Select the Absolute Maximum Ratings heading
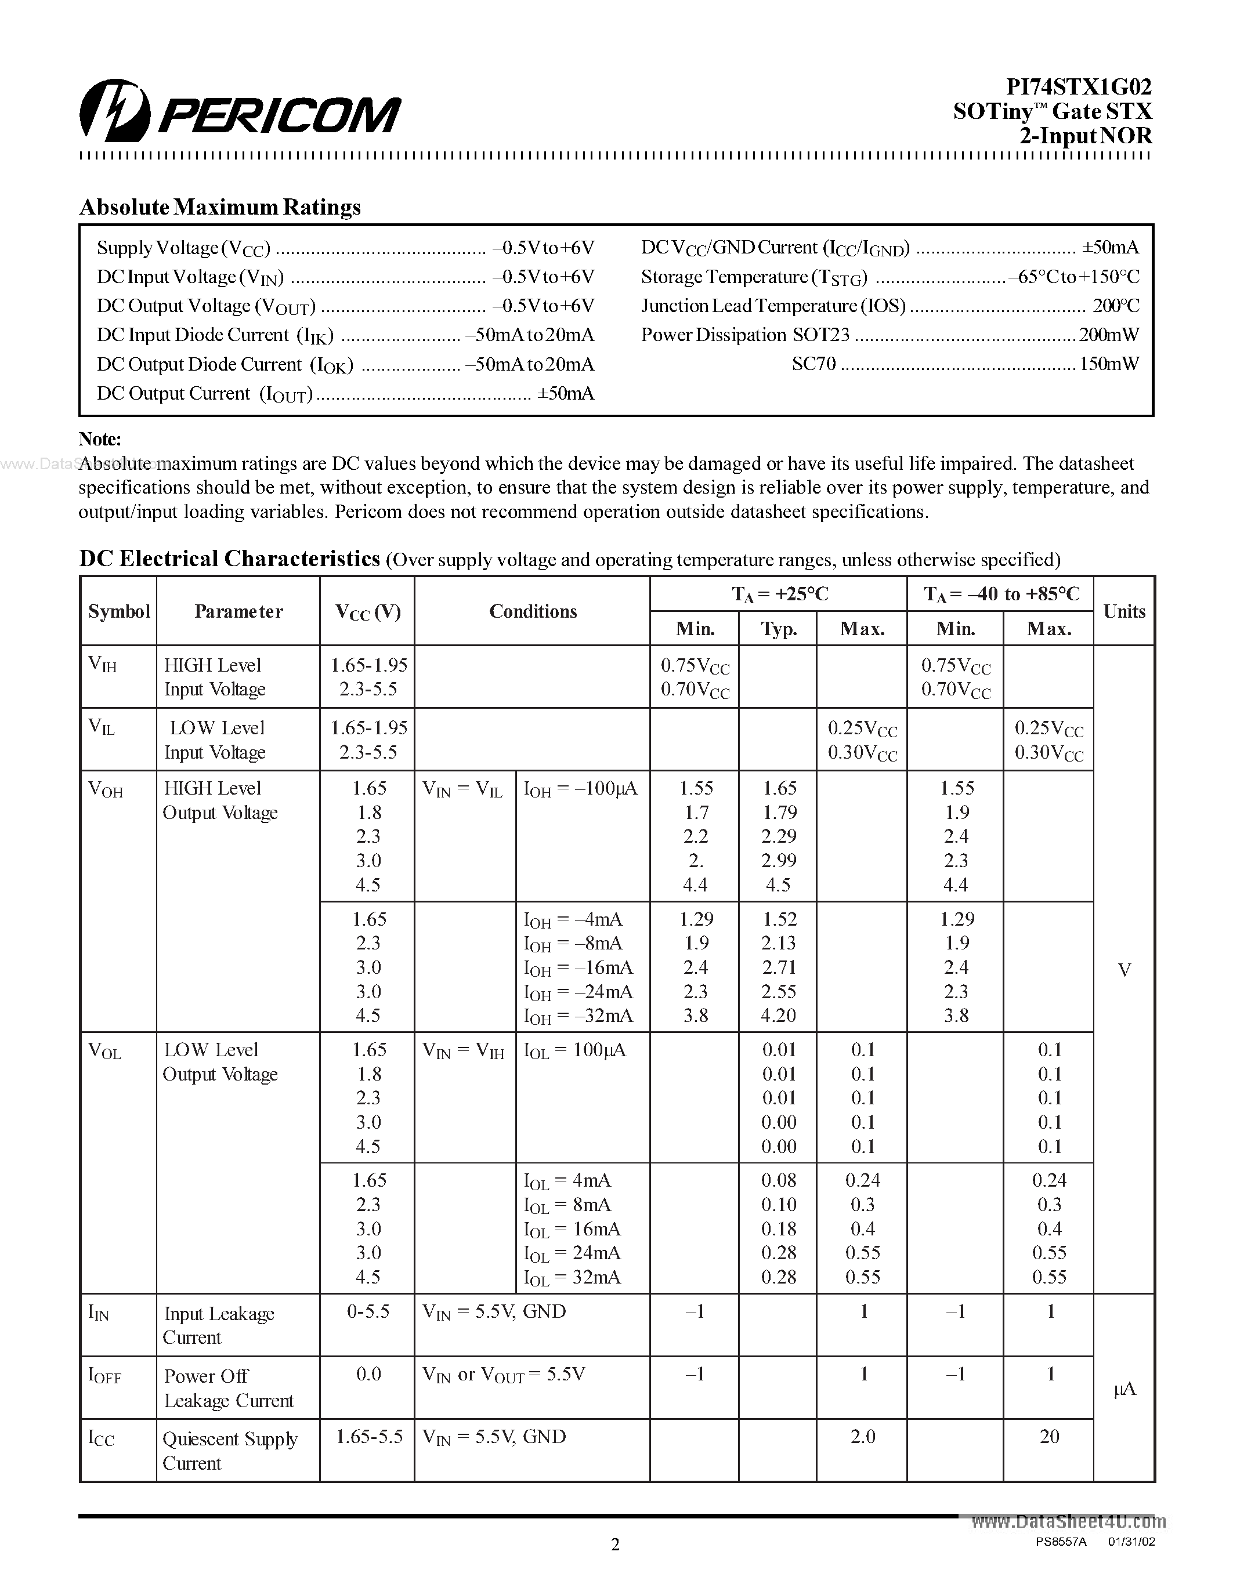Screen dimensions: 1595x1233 (220, 208)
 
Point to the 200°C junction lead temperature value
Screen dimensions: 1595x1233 (1115, 306)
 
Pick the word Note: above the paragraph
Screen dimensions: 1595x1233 (100, 439)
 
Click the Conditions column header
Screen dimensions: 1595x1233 (533, 611)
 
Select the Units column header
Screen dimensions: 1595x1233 (1123, 611)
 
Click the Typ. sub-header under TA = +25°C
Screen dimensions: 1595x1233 (778, 629)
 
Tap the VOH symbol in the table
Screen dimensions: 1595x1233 (105, 789)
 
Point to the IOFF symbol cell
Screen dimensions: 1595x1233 (104, 1376)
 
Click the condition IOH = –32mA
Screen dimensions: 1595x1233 (578, 1016)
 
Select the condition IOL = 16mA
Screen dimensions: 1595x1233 (572, 1229)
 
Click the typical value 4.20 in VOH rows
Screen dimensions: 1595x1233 (778, 1016)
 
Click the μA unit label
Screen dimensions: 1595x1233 (1123, 1389)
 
